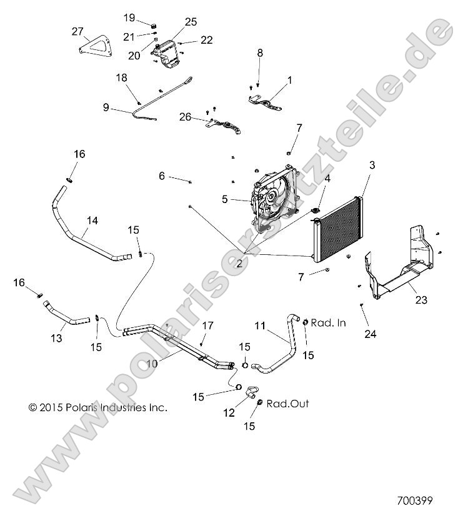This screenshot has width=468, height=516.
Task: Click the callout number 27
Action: coord(77,32)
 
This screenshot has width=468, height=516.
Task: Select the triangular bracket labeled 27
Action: coord(93,47)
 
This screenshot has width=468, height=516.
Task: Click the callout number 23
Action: coord(421,300)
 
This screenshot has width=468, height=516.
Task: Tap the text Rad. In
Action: coord(328,323)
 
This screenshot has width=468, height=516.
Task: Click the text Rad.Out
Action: coord(287,404)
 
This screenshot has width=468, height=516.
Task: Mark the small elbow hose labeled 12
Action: coord(252,394)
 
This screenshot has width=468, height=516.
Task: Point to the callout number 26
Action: coord(186,116)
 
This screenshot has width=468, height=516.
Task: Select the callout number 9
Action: coord(106,107)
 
